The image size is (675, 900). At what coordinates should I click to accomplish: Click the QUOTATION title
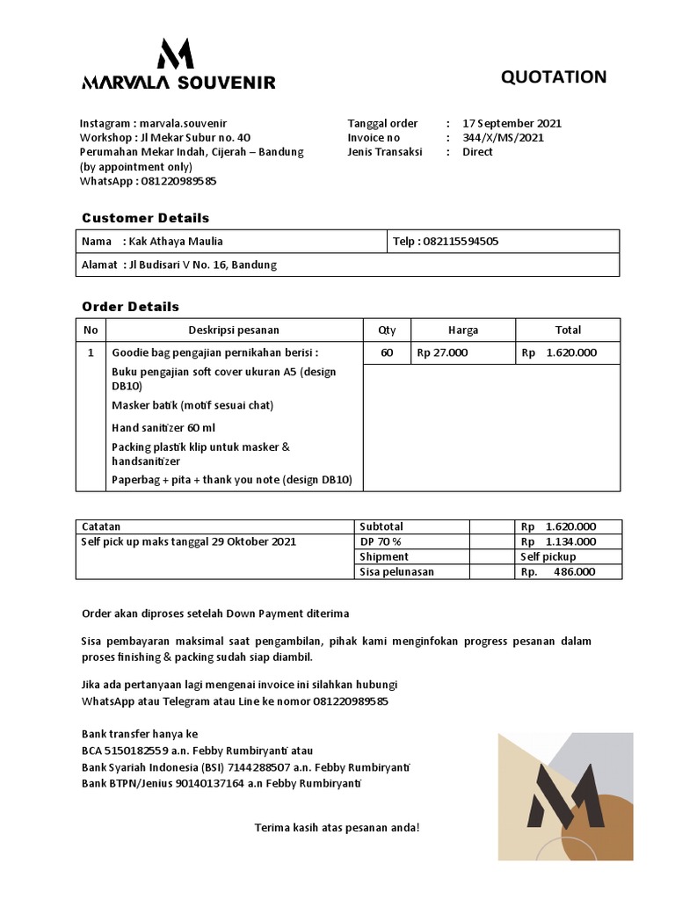click(553, 77)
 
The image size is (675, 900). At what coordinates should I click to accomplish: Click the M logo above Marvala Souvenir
click(175, 54)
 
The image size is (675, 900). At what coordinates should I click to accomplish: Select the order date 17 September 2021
click(512, 123)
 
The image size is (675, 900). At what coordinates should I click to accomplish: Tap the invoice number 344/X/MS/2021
click(503, 138)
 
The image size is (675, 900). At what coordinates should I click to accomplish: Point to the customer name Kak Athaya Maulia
click(176, 242)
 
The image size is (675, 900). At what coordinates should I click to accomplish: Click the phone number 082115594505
click(460, 242)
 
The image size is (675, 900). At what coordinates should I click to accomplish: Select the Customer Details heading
click(145, 218)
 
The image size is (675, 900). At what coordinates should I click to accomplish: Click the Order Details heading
click(130, 307)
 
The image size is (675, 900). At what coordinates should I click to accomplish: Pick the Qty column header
click(387, 330)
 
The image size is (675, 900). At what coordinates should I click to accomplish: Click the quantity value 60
click(387, 353)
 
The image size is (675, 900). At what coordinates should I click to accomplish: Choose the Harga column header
click(462, 330)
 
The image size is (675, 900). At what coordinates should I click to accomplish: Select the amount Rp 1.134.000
click(558, 542)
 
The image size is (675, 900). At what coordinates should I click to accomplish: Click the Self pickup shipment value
click(548, 557)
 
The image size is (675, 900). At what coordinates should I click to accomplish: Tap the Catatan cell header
click(101, 527)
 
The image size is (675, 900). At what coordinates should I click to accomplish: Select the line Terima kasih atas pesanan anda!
click(337, 828)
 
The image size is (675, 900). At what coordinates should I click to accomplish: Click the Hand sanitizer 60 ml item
click(163, 428)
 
